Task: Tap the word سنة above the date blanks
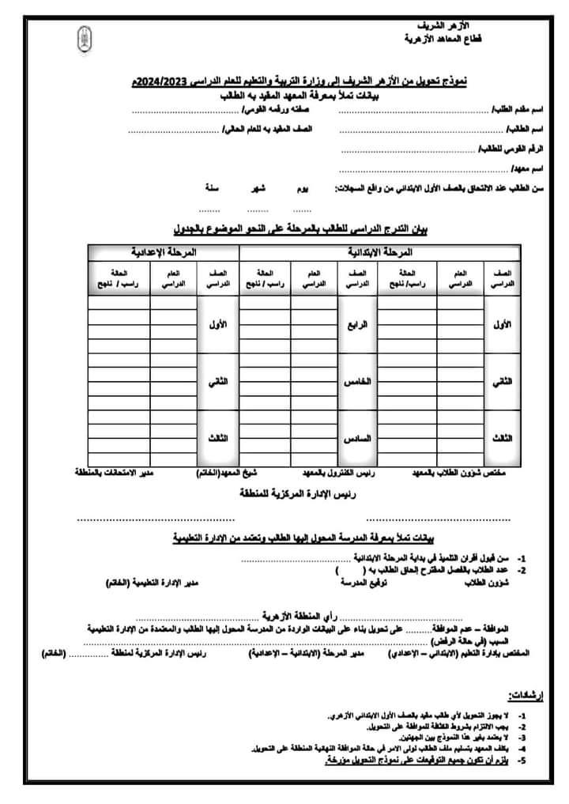coord(213,191)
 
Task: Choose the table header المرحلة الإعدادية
coord(163,252)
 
